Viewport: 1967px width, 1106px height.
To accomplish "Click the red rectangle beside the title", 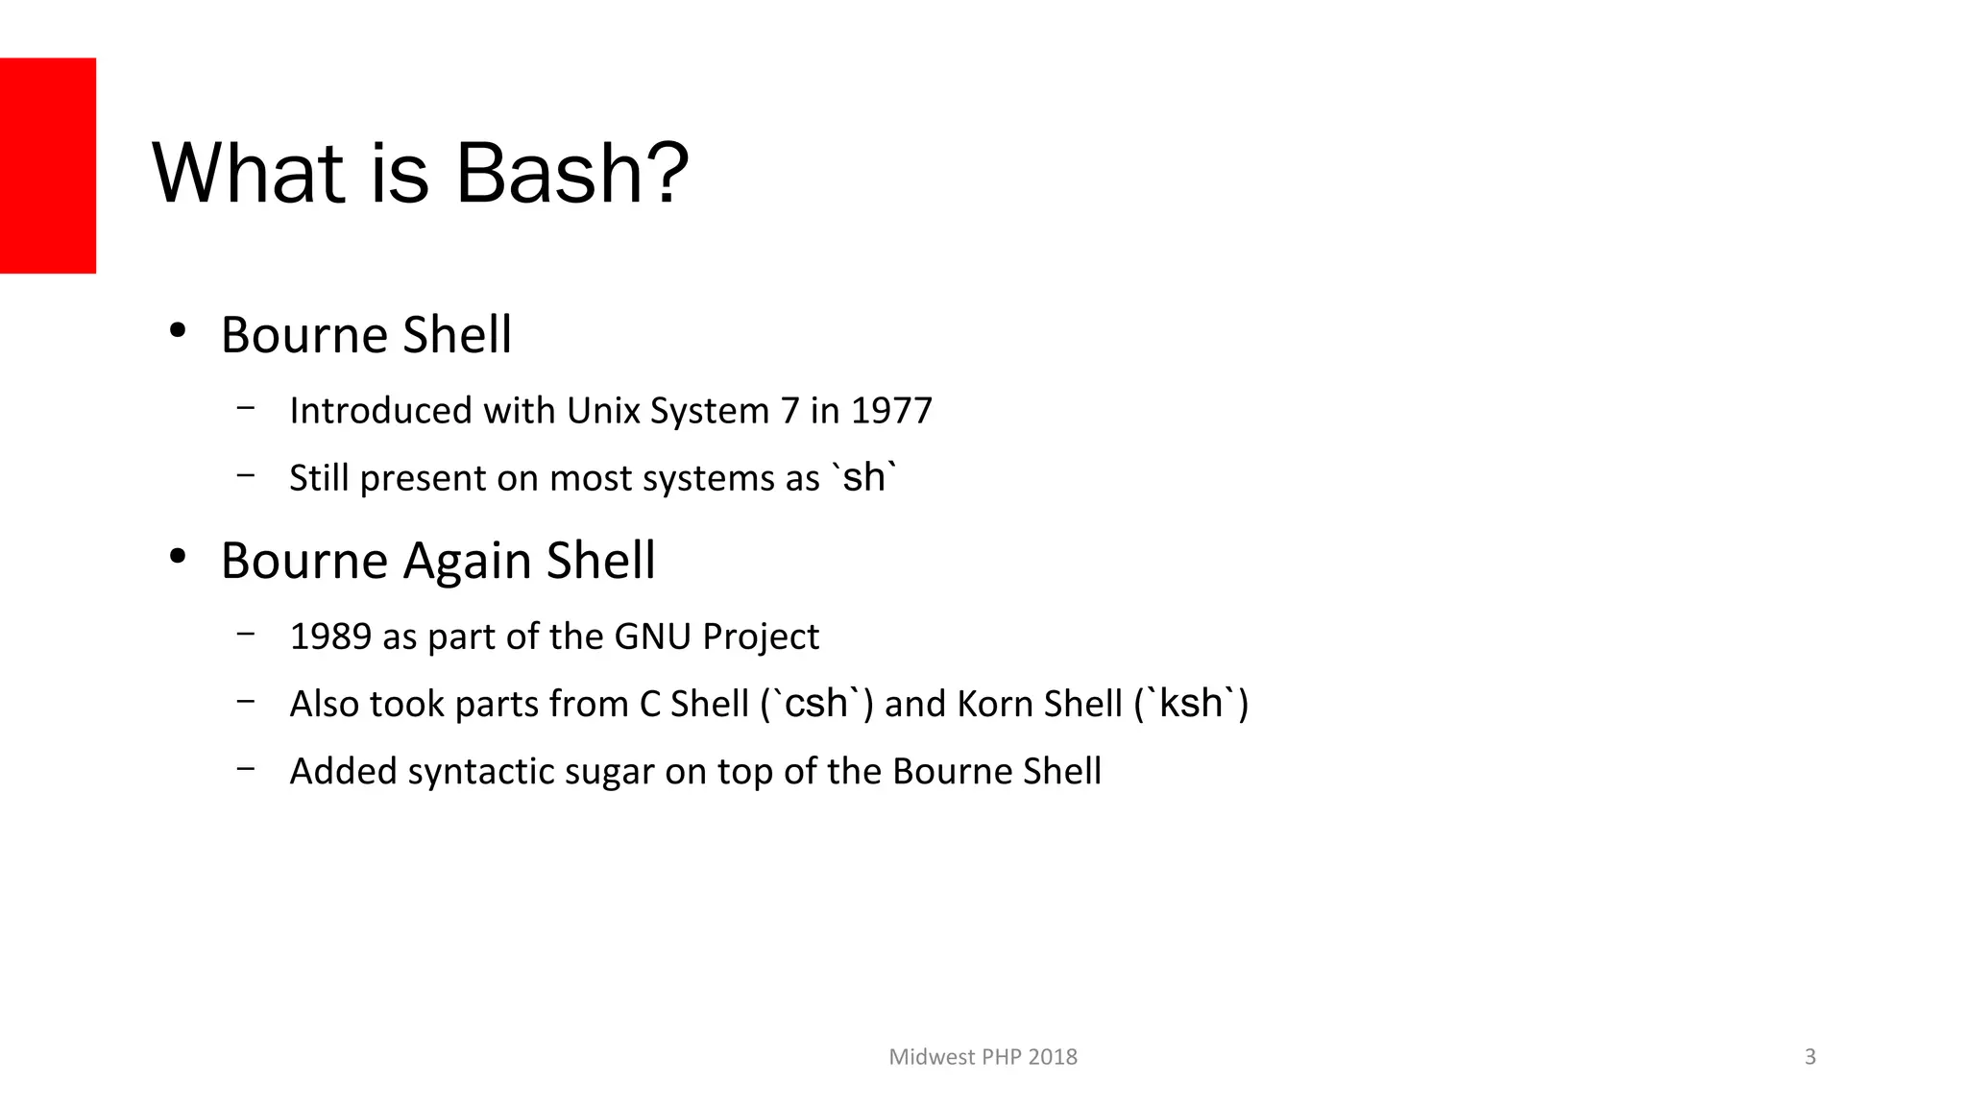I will [48, 165].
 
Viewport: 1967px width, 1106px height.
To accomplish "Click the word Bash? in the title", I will [571, 174].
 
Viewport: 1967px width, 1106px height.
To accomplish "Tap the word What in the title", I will [248, 174].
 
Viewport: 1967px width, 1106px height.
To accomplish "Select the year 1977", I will [891, 411].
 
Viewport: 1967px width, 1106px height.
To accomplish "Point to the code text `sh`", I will [864, 476].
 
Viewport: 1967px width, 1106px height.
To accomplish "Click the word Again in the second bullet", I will [468, 561].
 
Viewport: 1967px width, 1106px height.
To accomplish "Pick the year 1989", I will [330, 637].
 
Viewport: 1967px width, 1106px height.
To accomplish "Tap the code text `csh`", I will [816, 703].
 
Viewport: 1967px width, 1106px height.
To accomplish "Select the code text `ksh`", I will [1190, 703].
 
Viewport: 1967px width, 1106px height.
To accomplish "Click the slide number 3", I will [1809, 1057].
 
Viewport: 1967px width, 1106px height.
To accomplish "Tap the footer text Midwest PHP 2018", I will [983, 1057].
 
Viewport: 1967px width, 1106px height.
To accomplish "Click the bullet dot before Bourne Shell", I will [177, 331].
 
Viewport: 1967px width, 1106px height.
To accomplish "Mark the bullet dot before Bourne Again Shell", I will [177, 557].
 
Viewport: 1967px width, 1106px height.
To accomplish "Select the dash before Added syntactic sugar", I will [246, 768].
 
